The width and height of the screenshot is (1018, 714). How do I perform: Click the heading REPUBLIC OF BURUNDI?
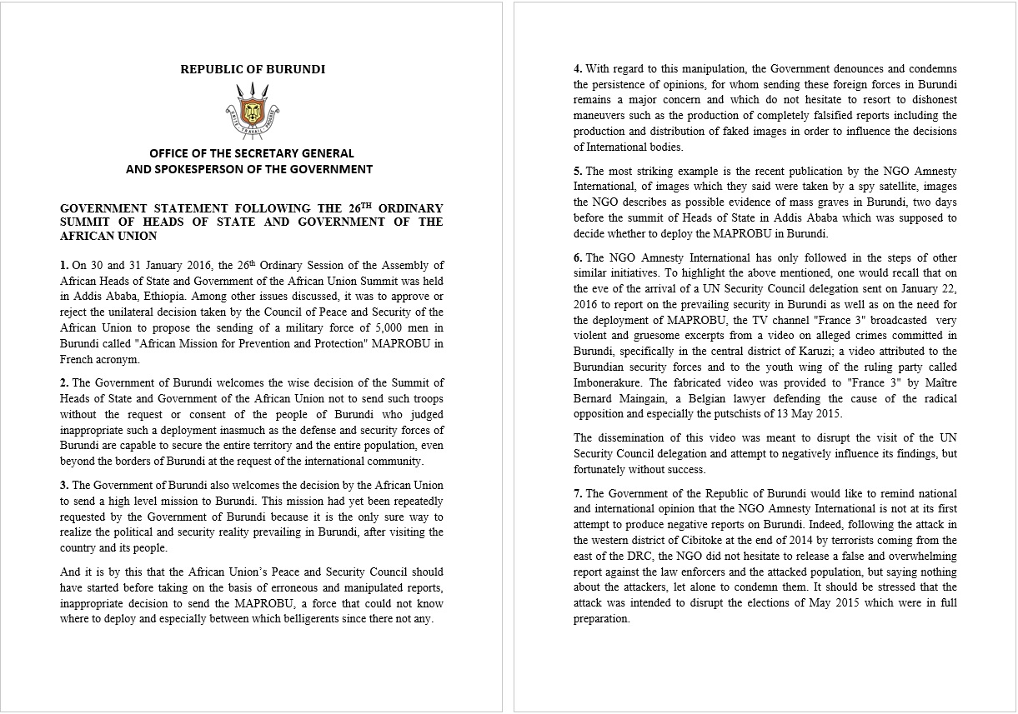tap(253, 69)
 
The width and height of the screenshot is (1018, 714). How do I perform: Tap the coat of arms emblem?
tap(252, 109)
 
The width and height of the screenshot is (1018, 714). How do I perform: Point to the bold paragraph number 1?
tap(64, 266)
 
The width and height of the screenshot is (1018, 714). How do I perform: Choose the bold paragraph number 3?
tap(64, 485)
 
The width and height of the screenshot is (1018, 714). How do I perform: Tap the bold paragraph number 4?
tap(578, 68)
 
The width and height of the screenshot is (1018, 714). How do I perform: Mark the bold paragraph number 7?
tap(578, 493)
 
